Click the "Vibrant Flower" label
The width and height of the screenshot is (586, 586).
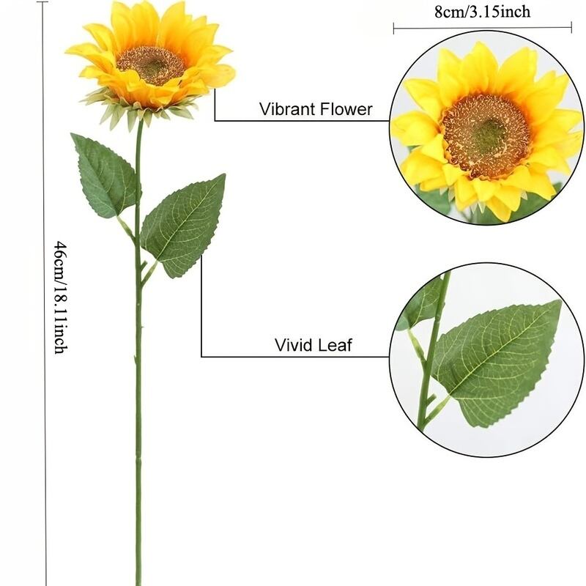click(x=316, y=110)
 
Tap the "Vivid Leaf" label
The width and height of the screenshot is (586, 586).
click(x=313, y=345)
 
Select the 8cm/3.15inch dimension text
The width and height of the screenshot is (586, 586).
click(x=482, y=11)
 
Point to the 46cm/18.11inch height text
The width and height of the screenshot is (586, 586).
click(x=61, y=297)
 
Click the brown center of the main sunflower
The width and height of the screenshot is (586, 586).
click(x=151, y=65)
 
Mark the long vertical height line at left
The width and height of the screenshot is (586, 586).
click(x=46, y=293)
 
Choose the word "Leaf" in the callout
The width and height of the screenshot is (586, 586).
click(x=335, y=345)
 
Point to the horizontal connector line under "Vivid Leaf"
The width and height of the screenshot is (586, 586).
click(x=293, y=357)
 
